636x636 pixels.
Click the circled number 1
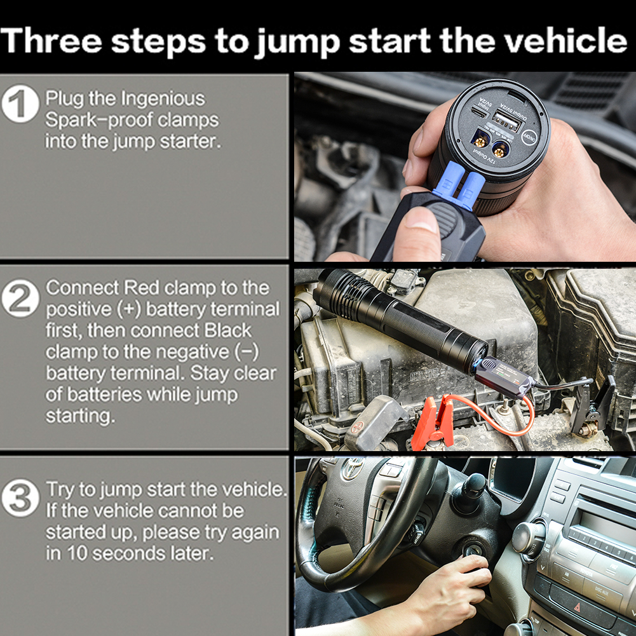[x=20, y=104]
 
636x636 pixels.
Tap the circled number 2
[x=20, y=298]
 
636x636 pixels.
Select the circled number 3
[x=20, y=497]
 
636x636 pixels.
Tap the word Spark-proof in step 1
[x=99, y=121]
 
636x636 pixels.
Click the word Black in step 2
[x=228, y=330]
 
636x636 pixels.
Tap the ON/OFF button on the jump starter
[x=531, y=138]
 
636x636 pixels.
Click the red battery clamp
[x=433, y=423]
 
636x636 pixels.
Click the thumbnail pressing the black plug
[x=421, y=221]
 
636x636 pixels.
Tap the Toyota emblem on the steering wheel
[x=352, y=469]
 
